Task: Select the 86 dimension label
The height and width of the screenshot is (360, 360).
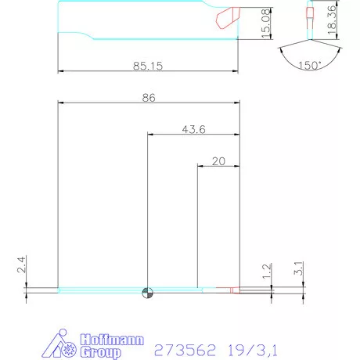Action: tap(149, 98)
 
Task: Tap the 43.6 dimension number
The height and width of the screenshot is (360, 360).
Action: tap(193, 129)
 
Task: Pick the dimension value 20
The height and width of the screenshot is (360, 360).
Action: tap(218, 161)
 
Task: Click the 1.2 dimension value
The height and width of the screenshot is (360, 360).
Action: tap(267, 272)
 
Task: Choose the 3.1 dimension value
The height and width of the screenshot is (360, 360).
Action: tap(298, 268)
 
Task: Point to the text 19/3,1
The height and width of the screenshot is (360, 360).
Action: tap(254, 349)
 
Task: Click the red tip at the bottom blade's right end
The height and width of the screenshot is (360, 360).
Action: tap(234, 290)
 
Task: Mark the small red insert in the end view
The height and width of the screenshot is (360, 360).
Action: tap(308, 14)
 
